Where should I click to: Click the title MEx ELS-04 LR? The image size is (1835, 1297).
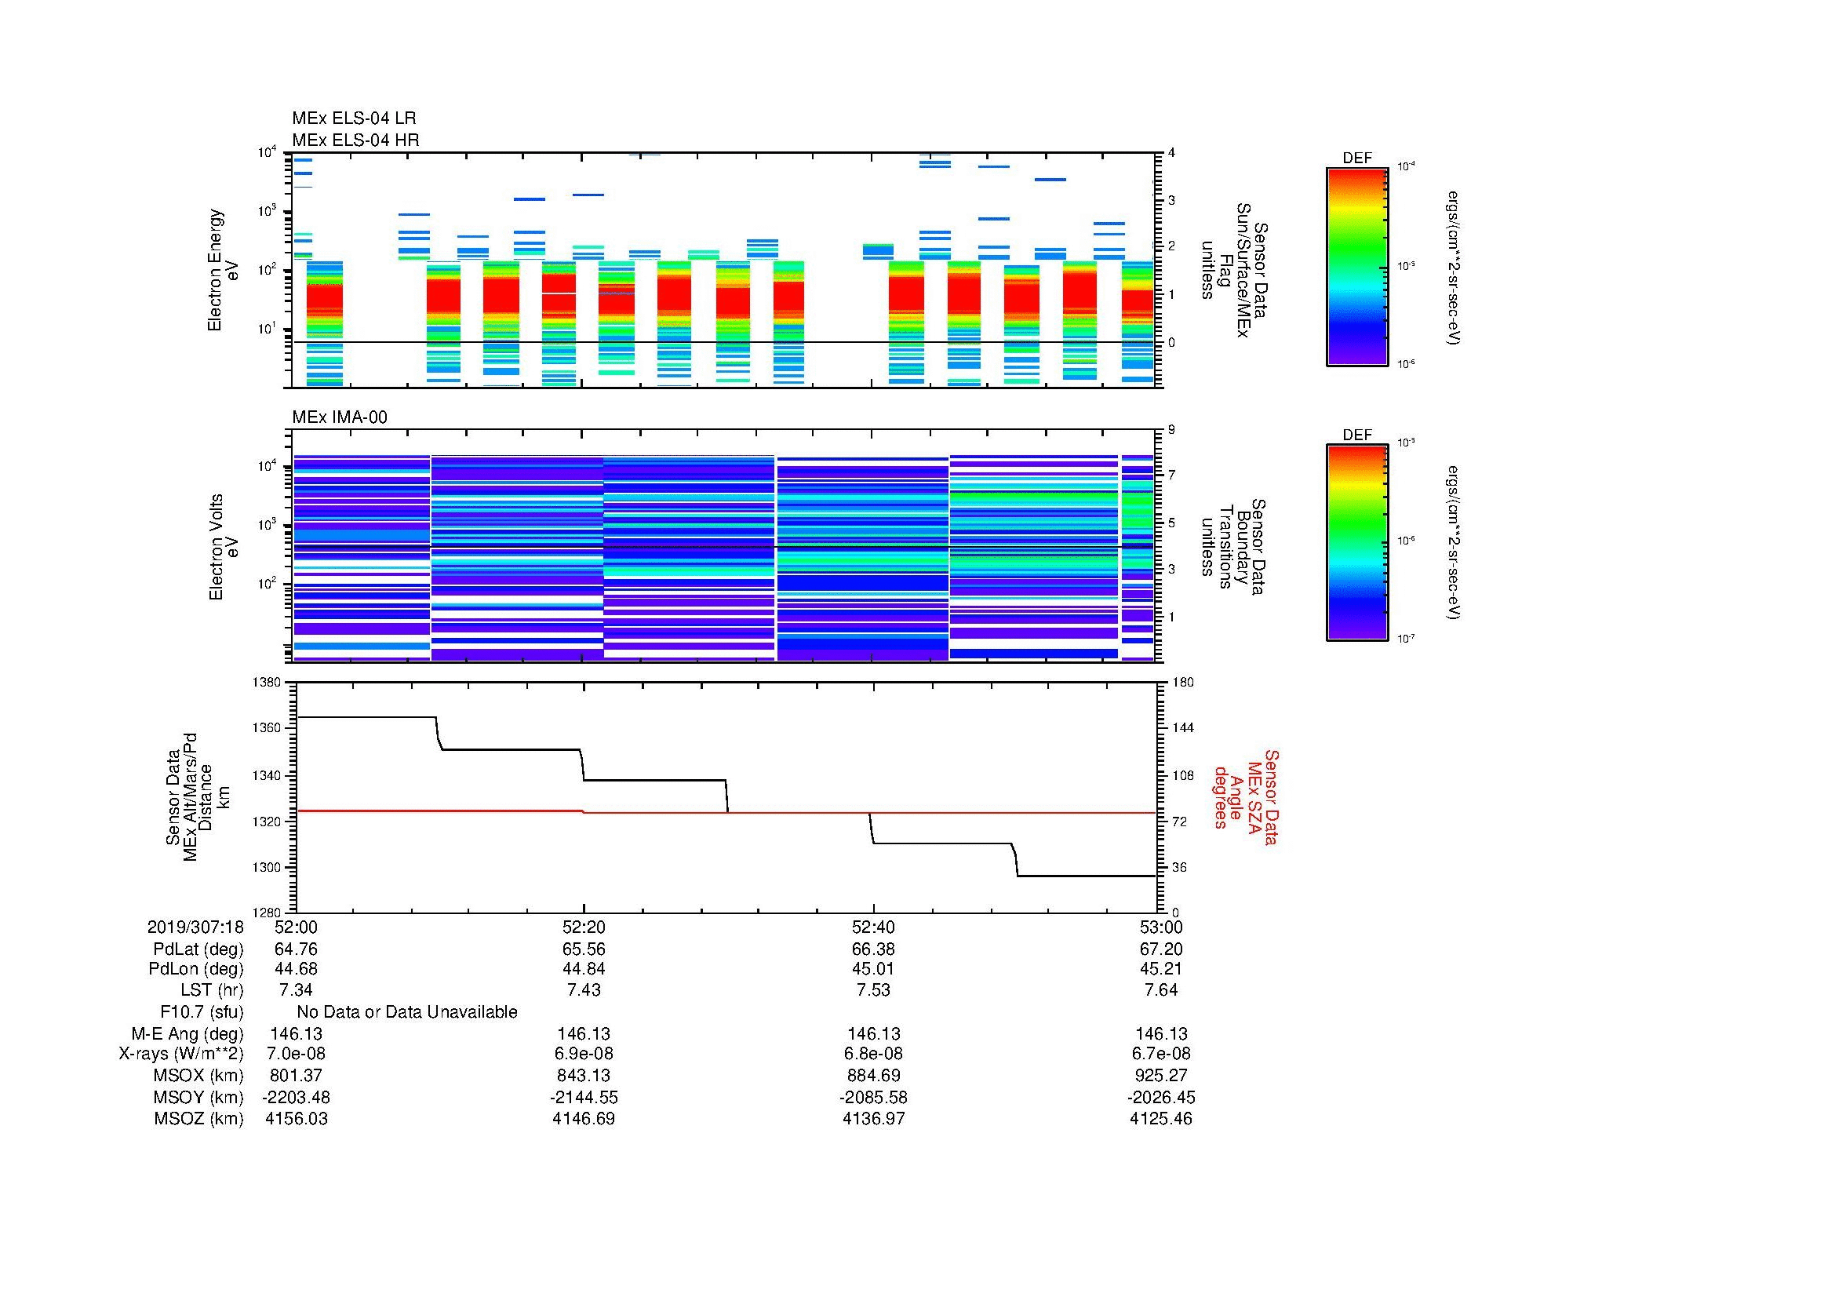point(353,118)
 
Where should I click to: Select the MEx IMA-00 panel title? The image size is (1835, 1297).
point(340,417)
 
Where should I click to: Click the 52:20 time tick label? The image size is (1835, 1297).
point(584,927)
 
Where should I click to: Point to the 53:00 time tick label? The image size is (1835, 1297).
point(1161,927)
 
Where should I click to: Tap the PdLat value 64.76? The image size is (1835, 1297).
point(296,949)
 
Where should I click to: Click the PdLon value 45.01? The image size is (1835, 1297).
point(872,968)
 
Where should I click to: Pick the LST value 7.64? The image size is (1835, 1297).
point(1161,990)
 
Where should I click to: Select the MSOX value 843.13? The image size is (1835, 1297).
point(584,1076)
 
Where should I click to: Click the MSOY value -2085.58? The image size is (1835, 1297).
point(872,1097)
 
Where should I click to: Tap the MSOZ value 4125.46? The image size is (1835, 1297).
point(1161,1119)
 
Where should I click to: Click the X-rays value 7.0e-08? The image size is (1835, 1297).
point(296,1054)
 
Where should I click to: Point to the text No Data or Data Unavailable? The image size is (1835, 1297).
point(407,1012)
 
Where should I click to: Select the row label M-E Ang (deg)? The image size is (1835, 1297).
point(188,1033)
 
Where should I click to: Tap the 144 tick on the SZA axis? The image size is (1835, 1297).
point(1181,728)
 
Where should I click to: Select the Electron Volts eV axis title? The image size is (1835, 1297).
point(224,548)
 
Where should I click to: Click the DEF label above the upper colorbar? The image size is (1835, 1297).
point(1357,158)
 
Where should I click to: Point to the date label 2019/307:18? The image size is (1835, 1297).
point(195,927)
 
